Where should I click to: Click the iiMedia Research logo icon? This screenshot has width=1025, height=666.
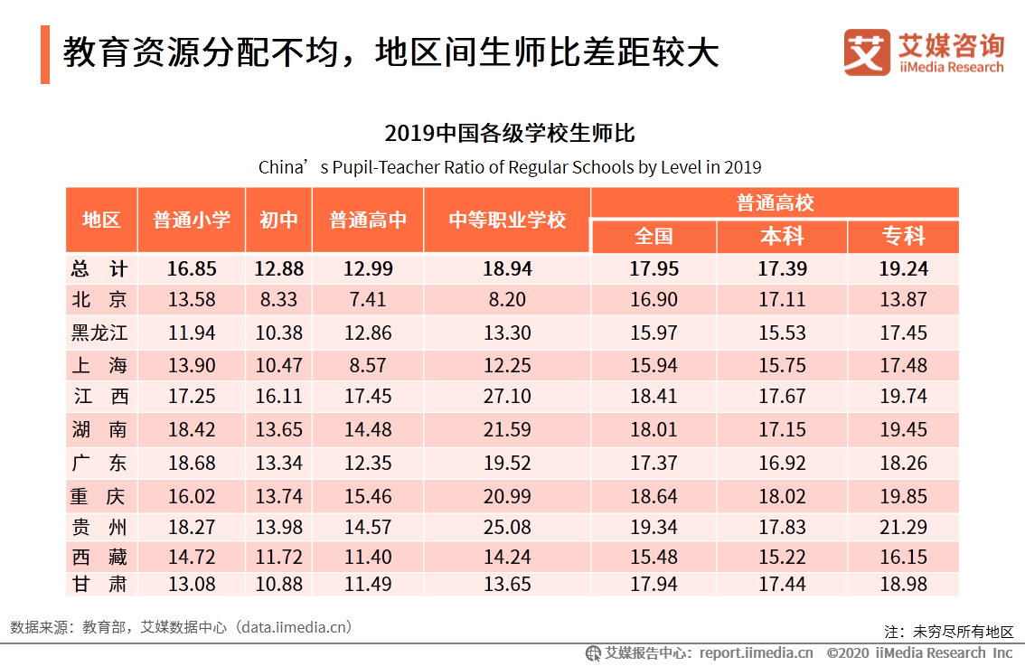pyautogui.click(x=867, y=52)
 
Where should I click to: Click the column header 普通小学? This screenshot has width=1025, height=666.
pyautogui.click(x=191, y=220)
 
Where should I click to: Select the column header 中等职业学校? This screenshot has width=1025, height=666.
pyautogui.click(x=506, y=220)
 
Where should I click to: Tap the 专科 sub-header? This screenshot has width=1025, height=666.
pyautogui.click(x=903, y=237)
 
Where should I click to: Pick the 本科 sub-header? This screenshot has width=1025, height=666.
pyautogui.click(x=781, y=237)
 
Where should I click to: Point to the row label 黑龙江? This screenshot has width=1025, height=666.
pyautogui.click(x=100, y=333)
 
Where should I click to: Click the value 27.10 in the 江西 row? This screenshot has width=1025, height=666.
pyautogui.click(x=507, y=397)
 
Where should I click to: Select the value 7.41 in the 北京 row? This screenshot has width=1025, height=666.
pyautogui.click(x=368, y=300)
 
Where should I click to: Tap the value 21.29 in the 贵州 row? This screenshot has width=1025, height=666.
pyautogui.click(x=903, y=527)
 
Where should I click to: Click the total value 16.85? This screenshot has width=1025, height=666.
pyautogui.click(x=191, y=269)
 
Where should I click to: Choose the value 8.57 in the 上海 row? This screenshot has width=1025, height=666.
pyautogui.click(x=368, y=365)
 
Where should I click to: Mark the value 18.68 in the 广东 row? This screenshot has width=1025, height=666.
pyautogui.click(x=191, y=463)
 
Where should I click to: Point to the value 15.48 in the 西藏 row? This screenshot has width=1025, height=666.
pyautogui.click(x=654, y=558)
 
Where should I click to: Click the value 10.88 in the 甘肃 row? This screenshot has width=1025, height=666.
pyautogui.click(x=278, y=585)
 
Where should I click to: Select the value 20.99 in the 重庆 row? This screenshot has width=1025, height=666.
pyautogui.click(x=507, y=495)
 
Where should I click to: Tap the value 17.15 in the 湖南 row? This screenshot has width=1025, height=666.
pyautogui.click(x=781, y=429)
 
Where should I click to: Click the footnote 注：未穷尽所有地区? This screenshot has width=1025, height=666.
pyautogui.click(x=949, y=632)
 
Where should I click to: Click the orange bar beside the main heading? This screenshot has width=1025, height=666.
pyautogui.click(x=45, y=54)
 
